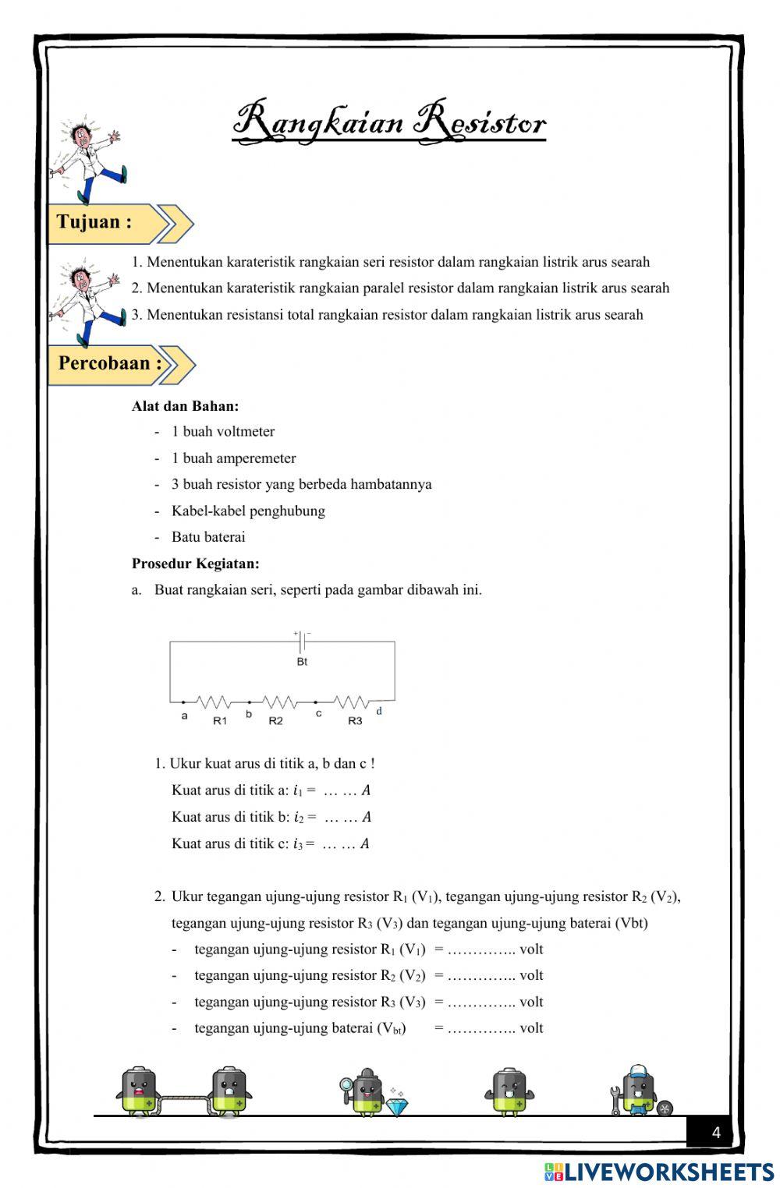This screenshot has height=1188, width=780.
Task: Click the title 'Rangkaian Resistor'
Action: coord(389,123)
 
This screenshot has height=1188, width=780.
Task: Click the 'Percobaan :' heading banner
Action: coord(110,363)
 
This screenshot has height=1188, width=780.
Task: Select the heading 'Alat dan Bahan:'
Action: coord(185,406)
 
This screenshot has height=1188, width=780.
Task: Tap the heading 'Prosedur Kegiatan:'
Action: coord(195,563)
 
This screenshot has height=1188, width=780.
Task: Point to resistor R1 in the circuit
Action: coord(211,702)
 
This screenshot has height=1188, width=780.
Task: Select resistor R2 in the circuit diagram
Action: coord(279,702)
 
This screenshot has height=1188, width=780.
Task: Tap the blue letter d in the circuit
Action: coord(379,711)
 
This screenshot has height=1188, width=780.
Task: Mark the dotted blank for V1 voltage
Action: coord(481,949)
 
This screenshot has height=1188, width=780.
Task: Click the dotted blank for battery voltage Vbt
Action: coord(481,1028)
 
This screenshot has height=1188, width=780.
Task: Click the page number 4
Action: coord(716,1133)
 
